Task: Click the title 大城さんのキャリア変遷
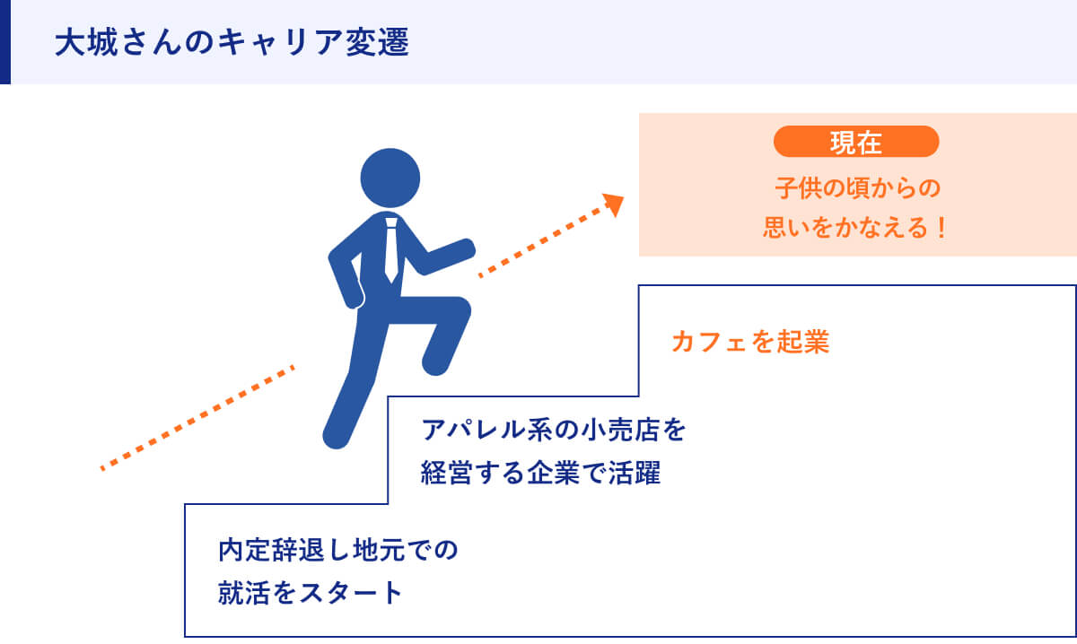click(x=231, y=43)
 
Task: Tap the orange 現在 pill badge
click(x=855, y=142)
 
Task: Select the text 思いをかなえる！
click(x=855, y=228)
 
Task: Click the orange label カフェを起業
click(x=749, y=343)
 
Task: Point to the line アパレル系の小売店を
click(x=554, y=431)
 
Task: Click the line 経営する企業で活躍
click(x=540, y=474)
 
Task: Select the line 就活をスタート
click(x=311, y=593)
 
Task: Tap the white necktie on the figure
click(x=390, y=249)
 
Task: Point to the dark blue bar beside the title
click(x=4, y=42)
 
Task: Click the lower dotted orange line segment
click(x=197, y=417)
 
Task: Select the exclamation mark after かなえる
click(x=940, y=228)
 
